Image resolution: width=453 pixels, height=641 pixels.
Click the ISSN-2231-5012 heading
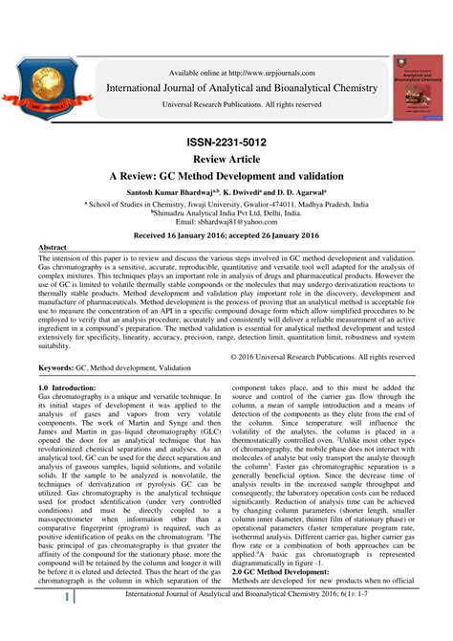click(x=227, y=142)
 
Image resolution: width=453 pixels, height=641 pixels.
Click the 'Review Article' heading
click(x=227, y=160)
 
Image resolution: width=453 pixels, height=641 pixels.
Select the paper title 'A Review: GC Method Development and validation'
click(x=227, y=178)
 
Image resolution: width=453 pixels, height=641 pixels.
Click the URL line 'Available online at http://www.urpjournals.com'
click(x=242, y=70)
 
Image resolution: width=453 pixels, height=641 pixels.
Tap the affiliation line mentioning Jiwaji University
click(x=227, y=204)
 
